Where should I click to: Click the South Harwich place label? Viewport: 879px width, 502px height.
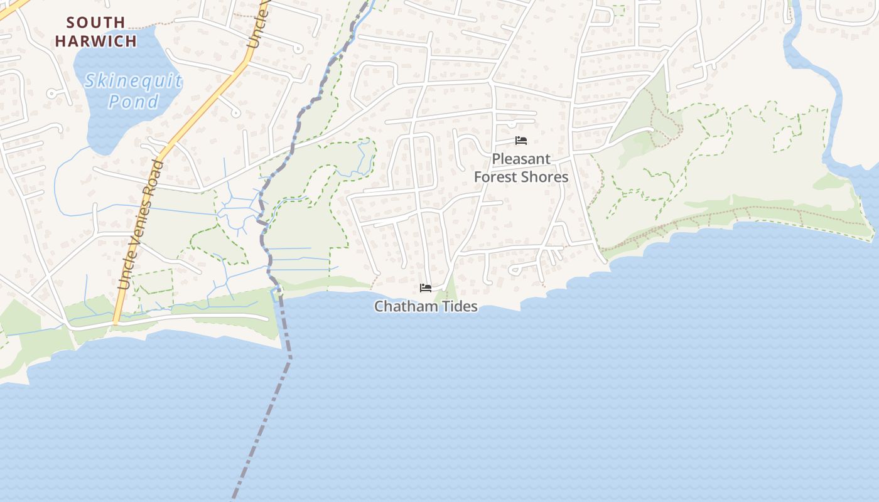point(95,32)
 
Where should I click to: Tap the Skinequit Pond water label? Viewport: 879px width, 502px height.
point(133,90)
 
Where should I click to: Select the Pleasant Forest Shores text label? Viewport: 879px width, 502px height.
point(520,168)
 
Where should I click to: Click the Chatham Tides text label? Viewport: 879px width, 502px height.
point(426,306)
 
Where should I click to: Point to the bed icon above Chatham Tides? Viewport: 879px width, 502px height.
point(426,288)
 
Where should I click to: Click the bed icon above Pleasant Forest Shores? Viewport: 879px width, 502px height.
point(520,141)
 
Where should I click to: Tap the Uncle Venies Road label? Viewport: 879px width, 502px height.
point(143,225)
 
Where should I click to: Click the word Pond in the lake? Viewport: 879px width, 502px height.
point(133,101)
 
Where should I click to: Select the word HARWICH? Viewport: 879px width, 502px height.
point(95,41)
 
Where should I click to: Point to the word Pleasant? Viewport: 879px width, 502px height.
point(520,159)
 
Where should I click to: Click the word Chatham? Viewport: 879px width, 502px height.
point(405,306)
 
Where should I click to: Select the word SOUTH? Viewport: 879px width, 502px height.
point(95,23)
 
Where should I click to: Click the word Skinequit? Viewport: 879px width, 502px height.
point(133,80)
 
